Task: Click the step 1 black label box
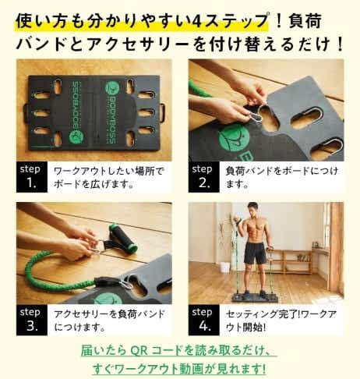(x=32, y=177)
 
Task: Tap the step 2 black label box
(x=204, y=177)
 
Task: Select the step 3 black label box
(x=32, y=320)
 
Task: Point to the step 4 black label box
(x=204, y=320)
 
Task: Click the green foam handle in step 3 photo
(x=122, y=238)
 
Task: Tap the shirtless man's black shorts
(x=255, y=252)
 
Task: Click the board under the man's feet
(x=255, y=297)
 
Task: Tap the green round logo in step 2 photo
(x=234, y=141)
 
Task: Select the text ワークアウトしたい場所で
(x=109, y=172)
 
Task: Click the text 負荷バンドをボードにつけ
(x=282, y=172)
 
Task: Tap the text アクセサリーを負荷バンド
(x=109, y=314)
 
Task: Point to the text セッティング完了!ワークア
(x=281, y=314)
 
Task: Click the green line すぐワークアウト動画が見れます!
(x=179, y=369)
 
